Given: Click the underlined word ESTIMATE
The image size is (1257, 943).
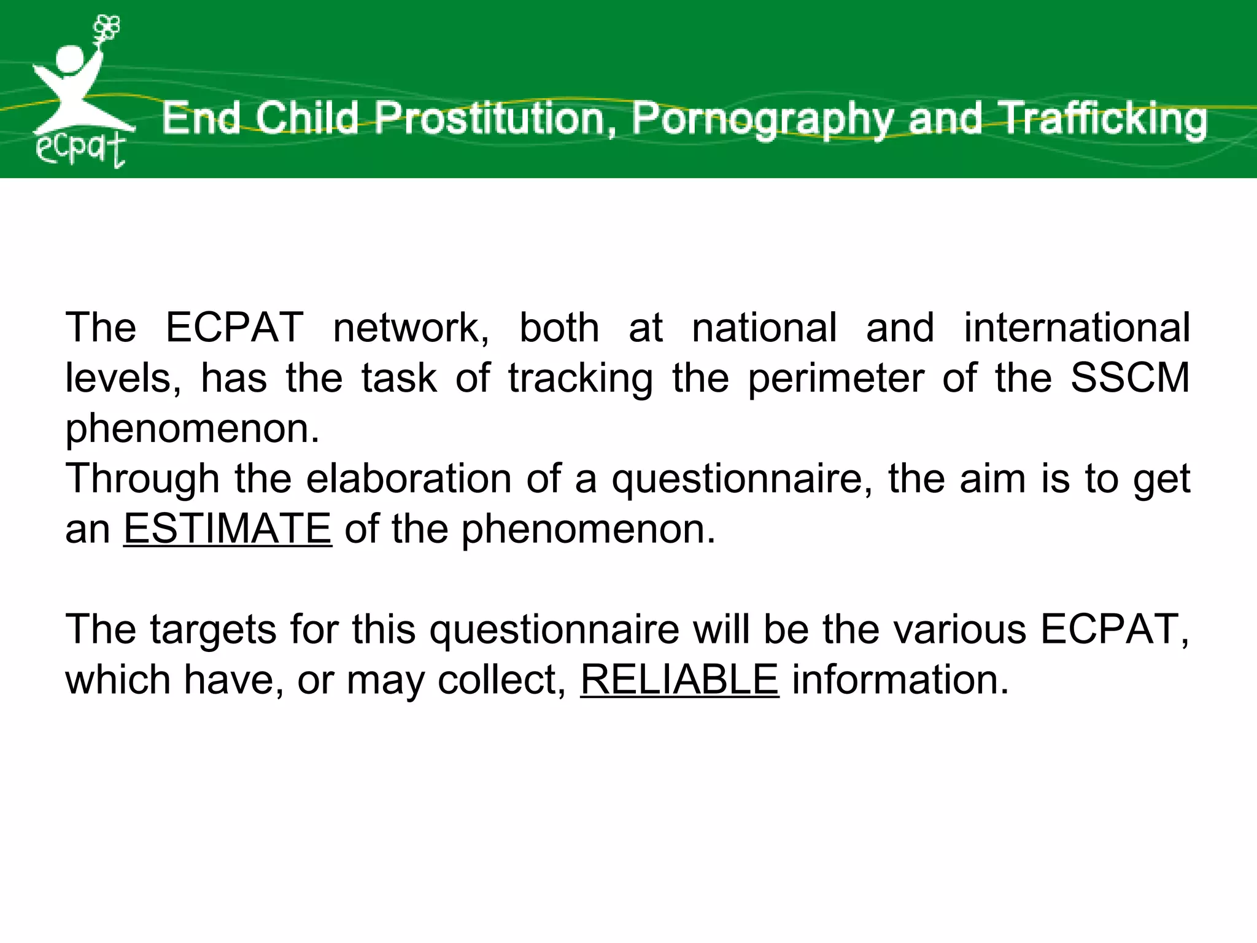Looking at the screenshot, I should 228,529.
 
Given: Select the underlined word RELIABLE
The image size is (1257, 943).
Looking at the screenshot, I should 679,680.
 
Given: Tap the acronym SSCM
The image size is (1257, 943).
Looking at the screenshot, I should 1130,378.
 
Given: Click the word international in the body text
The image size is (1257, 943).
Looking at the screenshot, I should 1077,327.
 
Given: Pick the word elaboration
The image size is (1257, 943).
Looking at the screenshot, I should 409,478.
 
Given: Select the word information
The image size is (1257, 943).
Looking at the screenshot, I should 900,680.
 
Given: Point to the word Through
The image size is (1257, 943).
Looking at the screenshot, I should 142,479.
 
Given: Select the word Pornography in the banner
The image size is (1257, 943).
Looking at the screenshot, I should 763,120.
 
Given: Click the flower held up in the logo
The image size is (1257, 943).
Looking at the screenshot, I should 107,29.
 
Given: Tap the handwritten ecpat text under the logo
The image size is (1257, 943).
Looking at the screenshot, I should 80,149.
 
